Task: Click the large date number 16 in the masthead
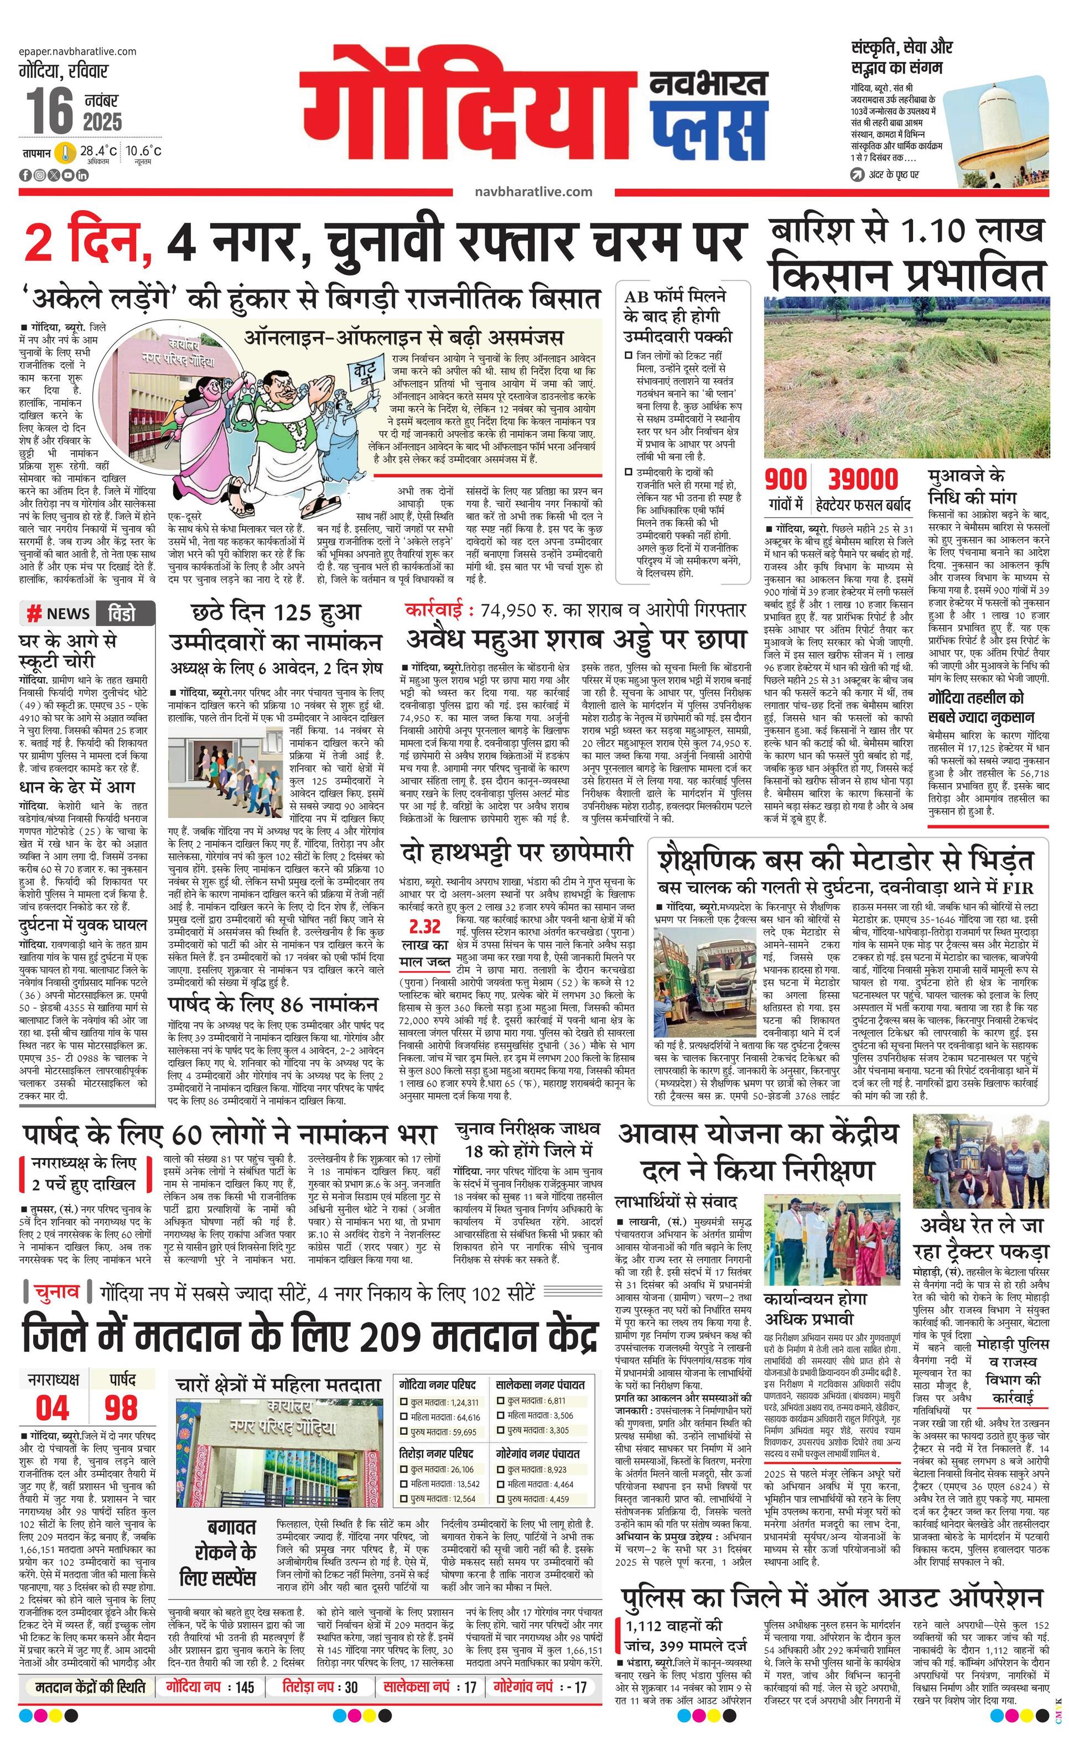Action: click(50, 111)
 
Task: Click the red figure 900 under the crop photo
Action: click(785, 480)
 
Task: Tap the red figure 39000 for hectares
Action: click(863, 480)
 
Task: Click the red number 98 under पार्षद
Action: click(121, 1408)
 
